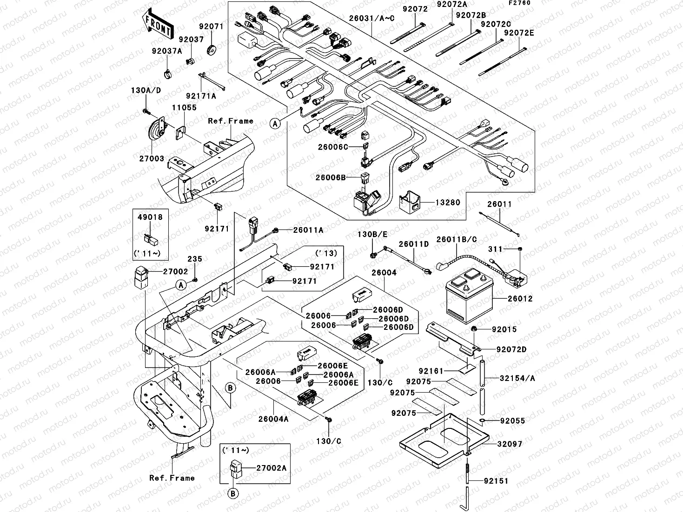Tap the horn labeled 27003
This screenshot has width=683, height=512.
(x=154, y=132)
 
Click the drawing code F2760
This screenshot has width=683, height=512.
(x=519, y=3)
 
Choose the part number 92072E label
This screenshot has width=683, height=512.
(x=519, y=33)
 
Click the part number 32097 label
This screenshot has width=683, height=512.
(x=510, y=444)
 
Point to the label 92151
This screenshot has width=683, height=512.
(x=496, y=481)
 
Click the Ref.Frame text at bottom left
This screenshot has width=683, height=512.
(x=172, y=478)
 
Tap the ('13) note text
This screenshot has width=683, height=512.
(x=326, y=253)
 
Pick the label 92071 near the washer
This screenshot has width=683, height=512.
(x=212, y=26)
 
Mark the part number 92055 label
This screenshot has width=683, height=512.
(x=512, y=420)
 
